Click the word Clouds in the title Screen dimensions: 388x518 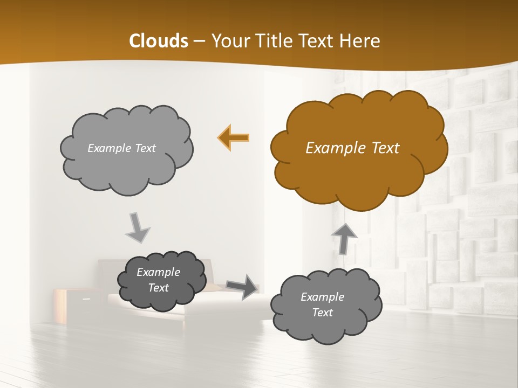(159, 41)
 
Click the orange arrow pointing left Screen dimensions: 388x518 (234, 137)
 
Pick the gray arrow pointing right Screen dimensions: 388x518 (242, 287)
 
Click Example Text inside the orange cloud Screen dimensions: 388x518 (352, 148)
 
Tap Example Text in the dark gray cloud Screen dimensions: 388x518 (159, 280)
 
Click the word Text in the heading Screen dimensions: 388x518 (318, 41)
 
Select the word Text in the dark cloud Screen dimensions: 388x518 (159, 288)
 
